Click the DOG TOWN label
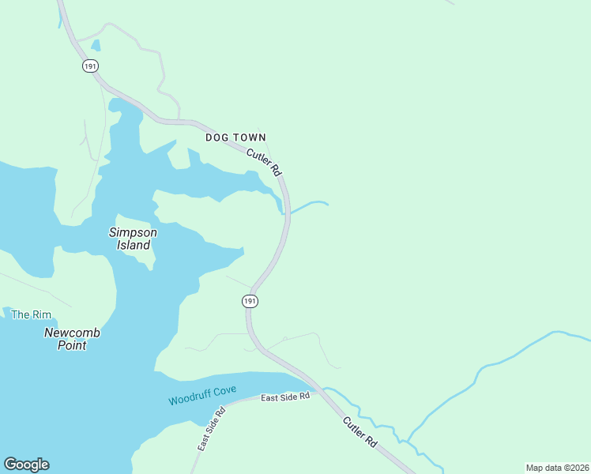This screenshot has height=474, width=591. point(235,137)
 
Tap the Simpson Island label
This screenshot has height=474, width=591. point(132,239)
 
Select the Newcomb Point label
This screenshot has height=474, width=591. point(72,339)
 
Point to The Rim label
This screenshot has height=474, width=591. point(31,314)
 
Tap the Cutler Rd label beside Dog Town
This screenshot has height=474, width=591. point(264,162)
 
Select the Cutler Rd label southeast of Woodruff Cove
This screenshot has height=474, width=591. point(359,433)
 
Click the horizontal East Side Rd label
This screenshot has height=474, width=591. point(285,397)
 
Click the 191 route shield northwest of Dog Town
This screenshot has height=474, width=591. point(89,66)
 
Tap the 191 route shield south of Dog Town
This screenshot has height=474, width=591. point(250,301)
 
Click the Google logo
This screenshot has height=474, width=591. point(26,465)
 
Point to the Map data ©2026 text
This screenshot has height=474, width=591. point(557,467)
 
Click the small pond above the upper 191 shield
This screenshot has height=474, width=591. point(96,46)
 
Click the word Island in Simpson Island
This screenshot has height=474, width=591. point(134,245)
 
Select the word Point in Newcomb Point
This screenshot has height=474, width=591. point(72,346)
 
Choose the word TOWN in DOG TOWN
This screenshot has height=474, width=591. point(250,137)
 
